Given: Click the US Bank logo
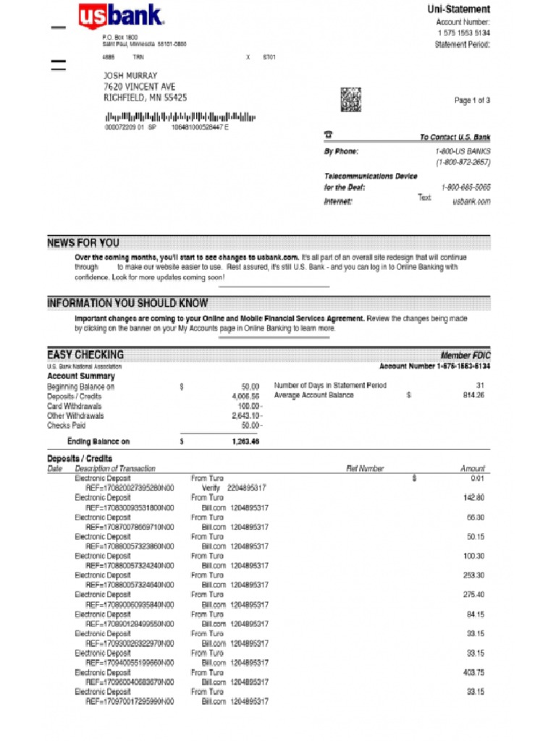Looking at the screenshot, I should (x=121, y=17).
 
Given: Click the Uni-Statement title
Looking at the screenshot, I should (x=458, y=9).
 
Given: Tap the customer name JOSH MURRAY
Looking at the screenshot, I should (x=130, y=75).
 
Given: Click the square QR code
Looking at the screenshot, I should (x=350, y=98).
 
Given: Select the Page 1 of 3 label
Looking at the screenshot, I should (x=472, y=101).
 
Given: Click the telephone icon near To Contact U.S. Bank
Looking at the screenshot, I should (x=328, y=135).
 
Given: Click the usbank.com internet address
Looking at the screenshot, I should (x=471, y=201).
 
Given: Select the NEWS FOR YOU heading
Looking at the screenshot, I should (x=83, y=243).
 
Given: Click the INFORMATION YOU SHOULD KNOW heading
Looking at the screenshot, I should (x=127, y=303).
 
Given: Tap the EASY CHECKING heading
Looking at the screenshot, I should (x=85, y=355).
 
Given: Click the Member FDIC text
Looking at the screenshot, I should (x=466, y=355).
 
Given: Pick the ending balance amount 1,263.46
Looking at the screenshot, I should (x=245, y=441).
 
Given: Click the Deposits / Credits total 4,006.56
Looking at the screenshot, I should (x=245, y=397).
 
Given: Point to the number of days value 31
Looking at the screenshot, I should (x=480, y=386).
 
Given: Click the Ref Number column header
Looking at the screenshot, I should (x=366, y=469).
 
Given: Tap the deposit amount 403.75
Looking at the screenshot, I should (x=473, y=672).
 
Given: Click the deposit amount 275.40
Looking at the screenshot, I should (x=473, y=595).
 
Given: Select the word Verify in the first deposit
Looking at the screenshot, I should (x=211, y=488).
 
